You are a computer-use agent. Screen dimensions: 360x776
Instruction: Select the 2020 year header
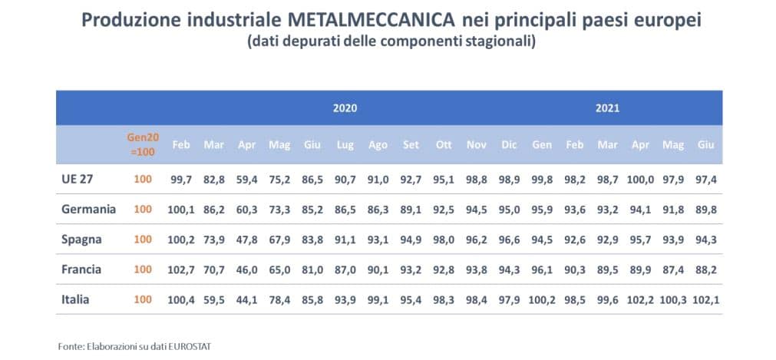345,108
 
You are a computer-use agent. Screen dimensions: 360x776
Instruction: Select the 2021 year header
607,108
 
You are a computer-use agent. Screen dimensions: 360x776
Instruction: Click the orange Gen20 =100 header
142,144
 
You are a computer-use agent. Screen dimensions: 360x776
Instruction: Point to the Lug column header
345,145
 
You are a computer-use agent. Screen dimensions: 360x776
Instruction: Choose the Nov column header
476,145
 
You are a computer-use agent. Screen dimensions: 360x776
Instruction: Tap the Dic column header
509,145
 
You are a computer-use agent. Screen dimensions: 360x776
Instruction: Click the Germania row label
88,209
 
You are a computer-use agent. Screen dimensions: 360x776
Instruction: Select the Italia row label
75,299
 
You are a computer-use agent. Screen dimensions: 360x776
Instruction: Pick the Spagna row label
82,239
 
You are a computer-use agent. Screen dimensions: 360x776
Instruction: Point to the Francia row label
83,269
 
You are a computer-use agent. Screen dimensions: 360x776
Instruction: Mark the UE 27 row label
78,179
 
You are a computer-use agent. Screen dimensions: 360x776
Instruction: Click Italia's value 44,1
246,299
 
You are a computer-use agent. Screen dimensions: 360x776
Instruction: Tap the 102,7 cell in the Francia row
182,269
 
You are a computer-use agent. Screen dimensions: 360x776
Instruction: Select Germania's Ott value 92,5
444,209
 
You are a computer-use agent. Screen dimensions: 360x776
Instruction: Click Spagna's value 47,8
246,239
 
